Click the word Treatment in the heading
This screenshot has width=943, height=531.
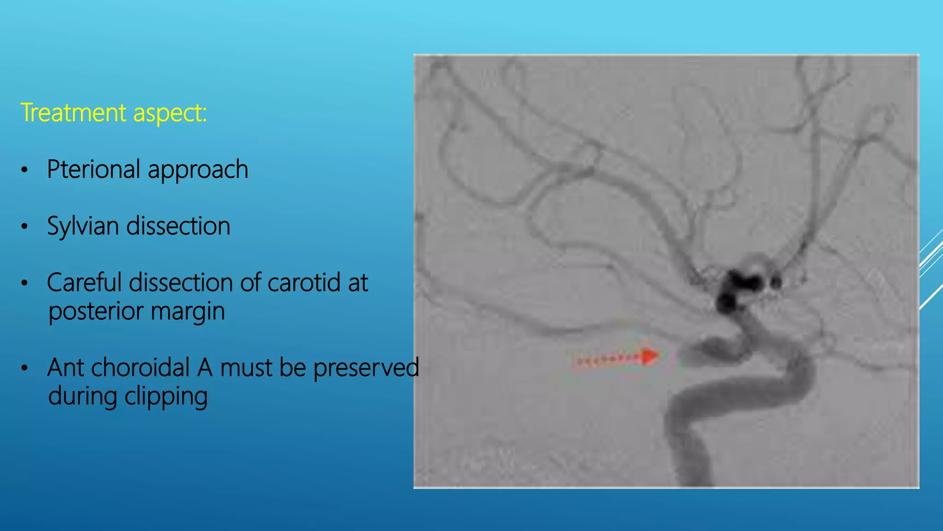tap(74, 112)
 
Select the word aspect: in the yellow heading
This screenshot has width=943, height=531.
tap(170, 113)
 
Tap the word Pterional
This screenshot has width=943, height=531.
tap(93, 169)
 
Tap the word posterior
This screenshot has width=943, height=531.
tap(96, 312)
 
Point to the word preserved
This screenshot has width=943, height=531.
tap(367, 368)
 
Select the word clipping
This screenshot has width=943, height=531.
tap(166, 397)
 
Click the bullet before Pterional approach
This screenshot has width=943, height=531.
tap(25, 170)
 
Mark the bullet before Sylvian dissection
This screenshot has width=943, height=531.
tap(25, 227)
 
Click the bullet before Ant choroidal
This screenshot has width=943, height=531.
tap(25, 368)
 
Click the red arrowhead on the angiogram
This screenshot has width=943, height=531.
tap(650, 356)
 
